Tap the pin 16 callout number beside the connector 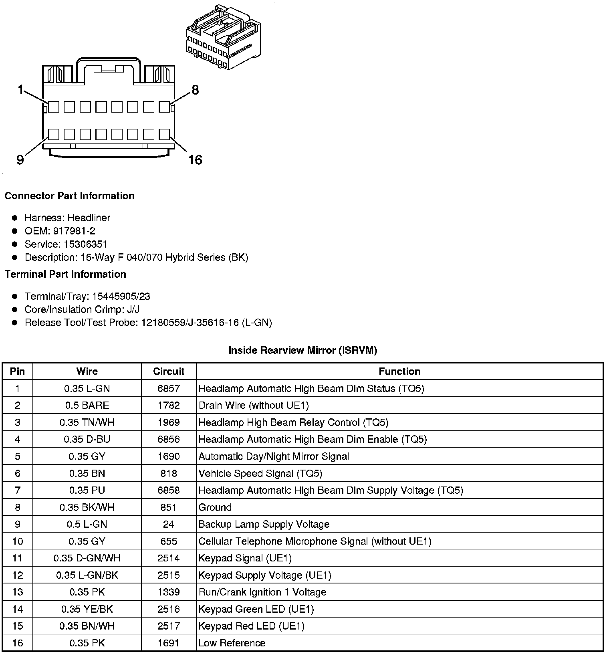tap(195, 160)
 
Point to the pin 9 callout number tap(20, 160)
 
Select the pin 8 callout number tap(195, 90)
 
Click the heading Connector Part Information tap(69, 196)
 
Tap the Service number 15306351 tap(85, 244)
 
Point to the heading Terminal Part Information tap(65, 274)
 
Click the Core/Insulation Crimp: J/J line tap(82, 309)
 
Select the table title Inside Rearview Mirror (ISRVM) tap(303, 350)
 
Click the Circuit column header tap(169, 371)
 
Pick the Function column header tap(399, 371)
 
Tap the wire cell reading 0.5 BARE tap(87, 405)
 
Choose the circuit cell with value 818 tap(169, 473)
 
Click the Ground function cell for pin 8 tap(215, 507)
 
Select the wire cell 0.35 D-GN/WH tap(87, 558)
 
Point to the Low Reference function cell tap(232, 643)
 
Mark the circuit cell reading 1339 tap(169, 592)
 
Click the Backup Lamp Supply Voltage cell tap(264, 524)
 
